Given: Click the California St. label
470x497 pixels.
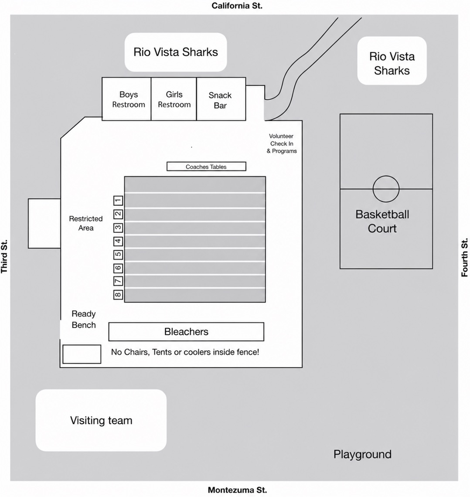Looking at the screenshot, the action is tap(237, 6).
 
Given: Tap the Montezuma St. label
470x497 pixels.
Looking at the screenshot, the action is tap(237, 490).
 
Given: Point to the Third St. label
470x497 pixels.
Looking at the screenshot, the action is tap(4, 256).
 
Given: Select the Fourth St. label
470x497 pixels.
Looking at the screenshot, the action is tap(464, 257).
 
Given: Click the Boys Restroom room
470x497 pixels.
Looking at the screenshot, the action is tap(126, 99).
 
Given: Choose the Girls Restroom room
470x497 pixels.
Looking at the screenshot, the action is tap(174, 99).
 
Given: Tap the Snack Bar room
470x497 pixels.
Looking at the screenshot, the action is tap(221, 99).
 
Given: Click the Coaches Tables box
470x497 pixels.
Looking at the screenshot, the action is tap(206, 167).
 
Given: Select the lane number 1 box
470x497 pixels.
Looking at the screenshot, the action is tap(118, 200).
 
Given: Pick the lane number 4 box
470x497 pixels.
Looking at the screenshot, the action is tap(118, 241).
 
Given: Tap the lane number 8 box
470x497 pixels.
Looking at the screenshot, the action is tap(118, 295).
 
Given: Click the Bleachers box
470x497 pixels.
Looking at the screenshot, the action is tap(186, 332).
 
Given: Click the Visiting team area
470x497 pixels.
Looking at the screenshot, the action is tap(101, 420).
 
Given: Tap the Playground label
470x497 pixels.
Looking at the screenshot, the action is tap(362, 455).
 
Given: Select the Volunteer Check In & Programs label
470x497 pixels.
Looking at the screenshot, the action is tap(281, 143).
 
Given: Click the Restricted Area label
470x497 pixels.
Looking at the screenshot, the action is tap(86, 223).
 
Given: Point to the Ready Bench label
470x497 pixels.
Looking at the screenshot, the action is tap(84, 320).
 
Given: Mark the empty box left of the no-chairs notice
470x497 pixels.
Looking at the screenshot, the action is tap(82, 354).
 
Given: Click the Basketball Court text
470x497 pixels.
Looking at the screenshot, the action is tap(382, 221).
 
